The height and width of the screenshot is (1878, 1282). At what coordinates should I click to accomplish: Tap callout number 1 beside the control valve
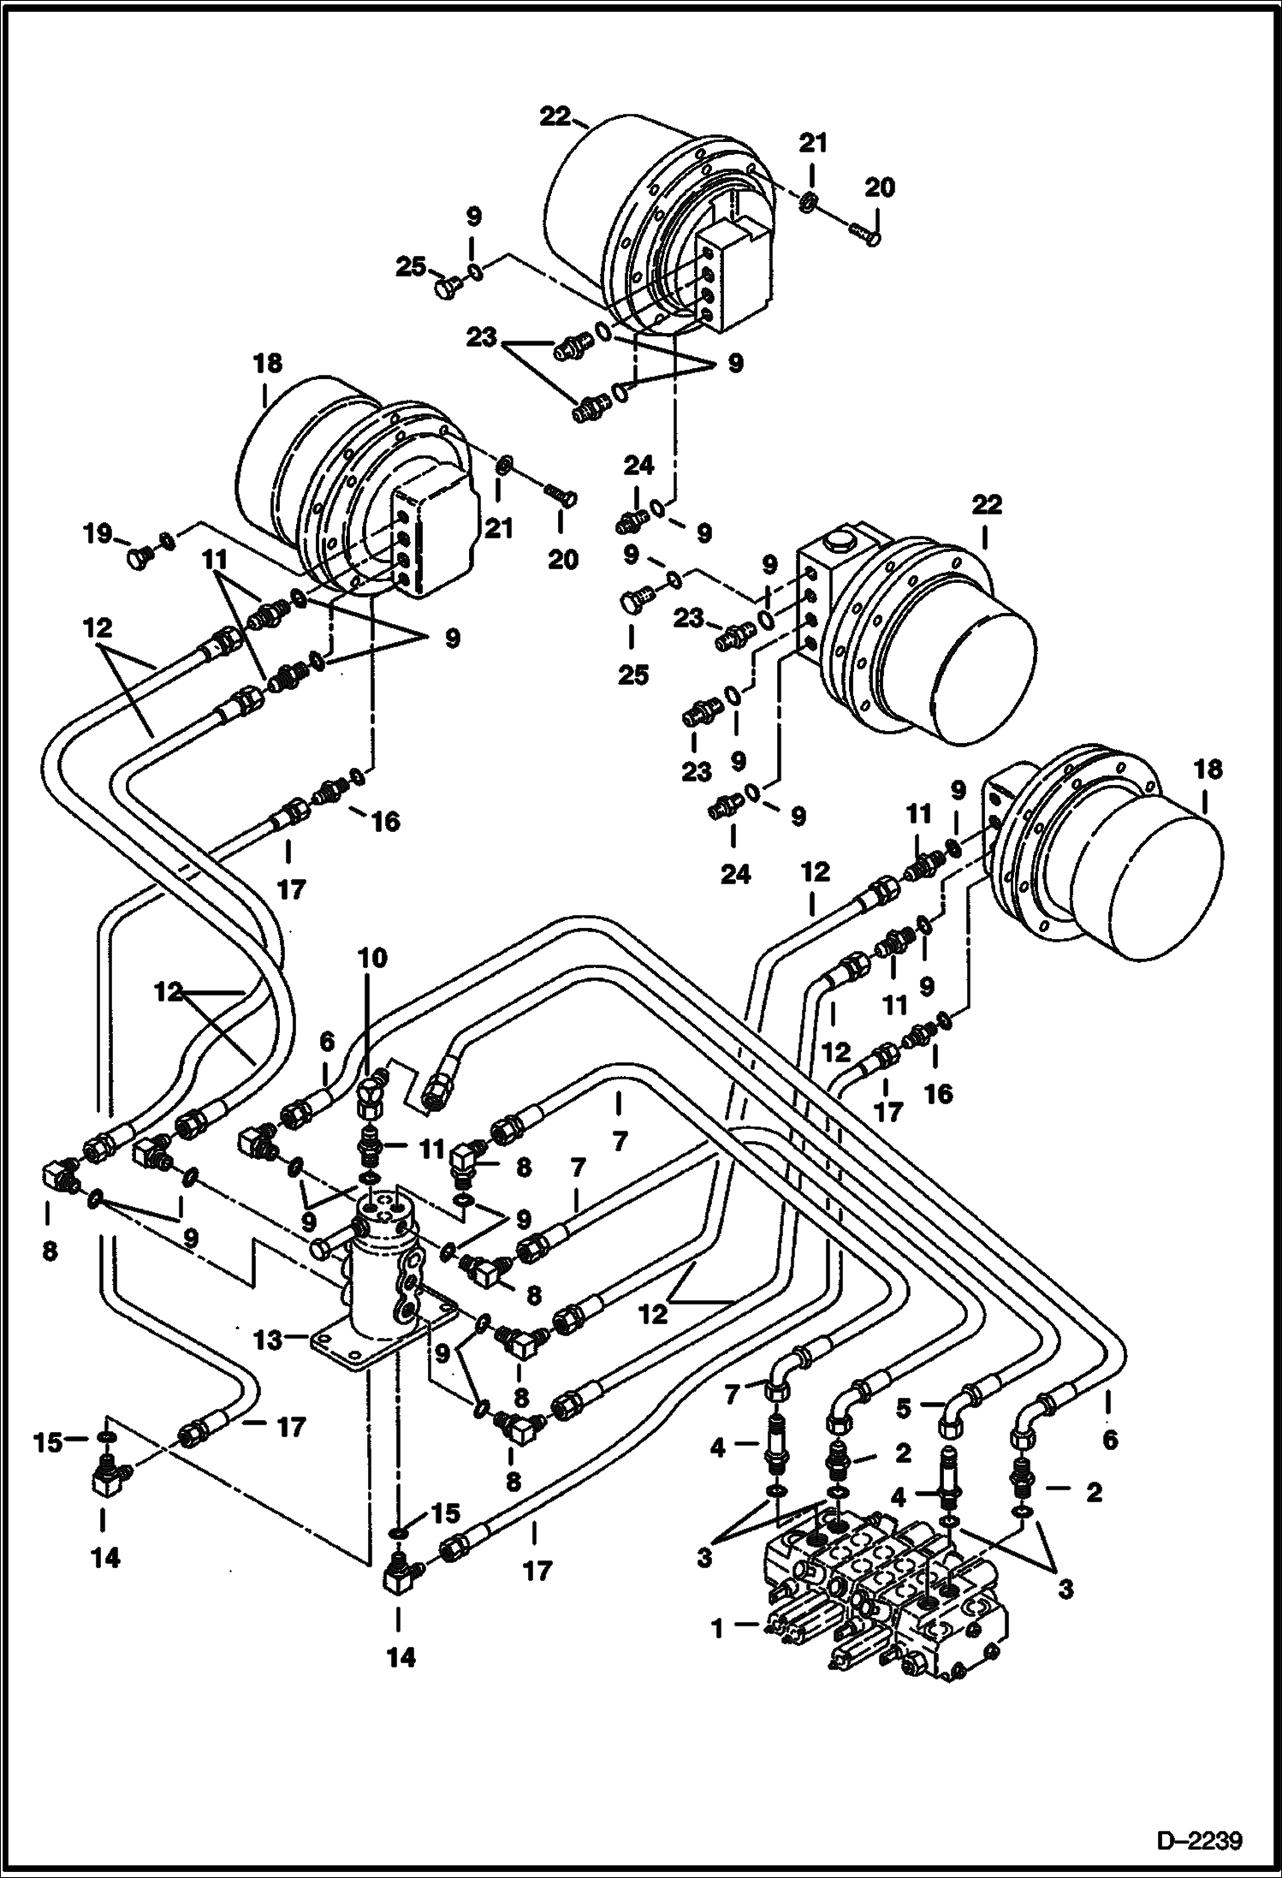click(x=717, y=1629)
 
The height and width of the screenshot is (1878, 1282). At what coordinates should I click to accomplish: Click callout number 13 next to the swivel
click(x=268, y=1340)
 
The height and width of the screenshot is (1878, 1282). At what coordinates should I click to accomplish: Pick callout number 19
click(x=98, y=535)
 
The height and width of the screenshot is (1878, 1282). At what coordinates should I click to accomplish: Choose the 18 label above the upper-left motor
click(x=267, y=363)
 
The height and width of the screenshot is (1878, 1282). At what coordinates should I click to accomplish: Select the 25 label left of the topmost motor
click(x=411, y=267)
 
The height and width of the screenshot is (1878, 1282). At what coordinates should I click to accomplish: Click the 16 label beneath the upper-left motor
click(x=385, y=822)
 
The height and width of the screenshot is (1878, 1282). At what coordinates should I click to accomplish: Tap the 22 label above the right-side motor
click(x=986, y=505)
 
